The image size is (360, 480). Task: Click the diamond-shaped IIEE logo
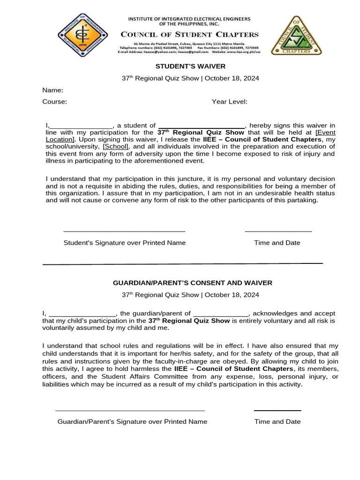82,35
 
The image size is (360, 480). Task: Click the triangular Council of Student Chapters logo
296,36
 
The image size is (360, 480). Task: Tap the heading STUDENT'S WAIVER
190,67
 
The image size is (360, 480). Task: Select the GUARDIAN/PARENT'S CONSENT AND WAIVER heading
192,283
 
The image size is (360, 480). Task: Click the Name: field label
52,90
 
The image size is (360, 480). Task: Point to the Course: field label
54,102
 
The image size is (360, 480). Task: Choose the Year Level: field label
229,102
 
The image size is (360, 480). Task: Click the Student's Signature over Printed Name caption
124,243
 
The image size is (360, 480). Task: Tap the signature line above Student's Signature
124,231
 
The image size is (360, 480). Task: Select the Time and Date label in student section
277,243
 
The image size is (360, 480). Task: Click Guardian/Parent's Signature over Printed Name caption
132,421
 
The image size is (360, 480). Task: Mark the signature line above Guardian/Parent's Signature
130,410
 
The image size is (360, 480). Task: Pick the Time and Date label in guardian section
277,421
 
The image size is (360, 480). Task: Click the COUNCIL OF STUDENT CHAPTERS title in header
190,34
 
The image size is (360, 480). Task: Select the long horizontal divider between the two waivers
183,264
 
